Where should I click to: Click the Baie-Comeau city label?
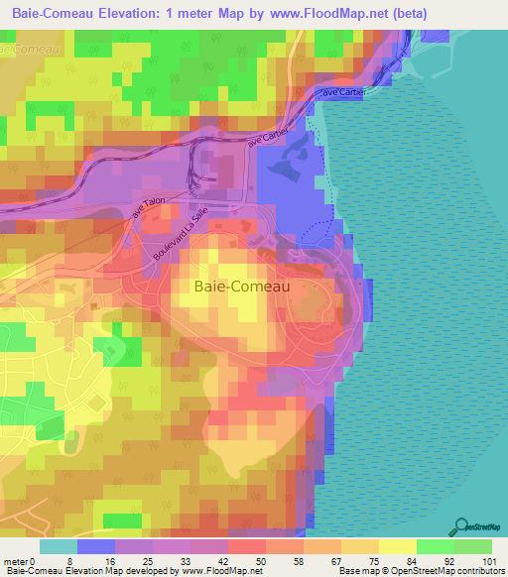pyautogui.click(x=236, y=287)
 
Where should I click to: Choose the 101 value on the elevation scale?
pyautogui.click(x=488, y=560)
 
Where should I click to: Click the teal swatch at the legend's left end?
pyautogui.click(x=58, y=546)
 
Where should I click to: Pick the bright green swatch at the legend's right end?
pyautogui.click(x=472, y=546)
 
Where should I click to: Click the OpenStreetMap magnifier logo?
pyautogui.click(x=462, y=526)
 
